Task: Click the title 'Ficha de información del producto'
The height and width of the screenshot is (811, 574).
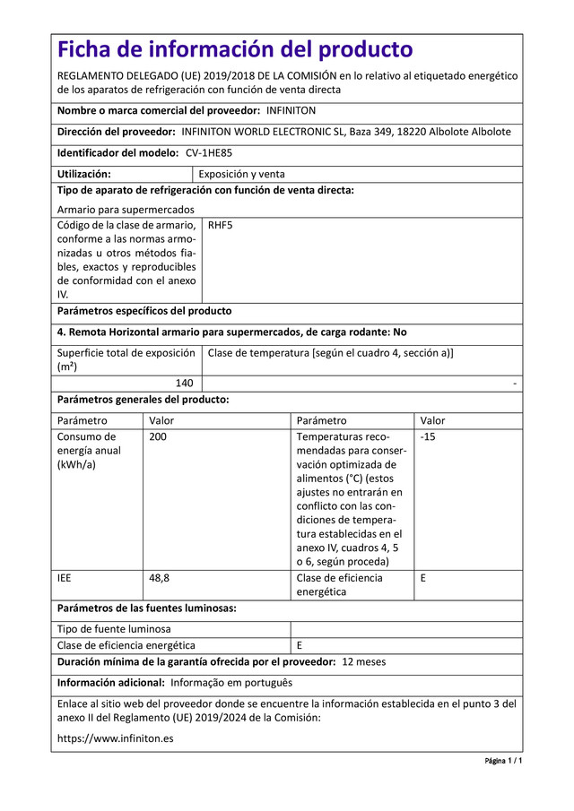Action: point(235,49)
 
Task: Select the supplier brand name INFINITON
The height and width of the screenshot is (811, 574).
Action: point(291,110)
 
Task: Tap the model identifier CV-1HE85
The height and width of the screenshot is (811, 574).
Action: point(190,153)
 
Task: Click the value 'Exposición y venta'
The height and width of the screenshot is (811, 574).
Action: point(242,175)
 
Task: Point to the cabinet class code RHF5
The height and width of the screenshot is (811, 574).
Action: point(220,225)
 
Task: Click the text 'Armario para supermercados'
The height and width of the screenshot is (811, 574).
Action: point(126,209)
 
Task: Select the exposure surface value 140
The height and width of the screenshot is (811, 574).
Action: point(184,383)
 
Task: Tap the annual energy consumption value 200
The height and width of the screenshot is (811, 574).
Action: point(158,436)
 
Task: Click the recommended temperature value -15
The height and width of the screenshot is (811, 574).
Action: point(429,436)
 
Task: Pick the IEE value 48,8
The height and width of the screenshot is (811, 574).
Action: point(160,578)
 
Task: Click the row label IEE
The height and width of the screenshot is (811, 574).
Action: point(65,578)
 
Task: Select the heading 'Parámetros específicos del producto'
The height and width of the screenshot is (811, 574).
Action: point(144,311)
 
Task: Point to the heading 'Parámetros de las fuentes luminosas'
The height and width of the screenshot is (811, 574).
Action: point(147,608)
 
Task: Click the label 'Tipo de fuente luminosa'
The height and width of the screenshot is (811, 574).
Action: point(114,629)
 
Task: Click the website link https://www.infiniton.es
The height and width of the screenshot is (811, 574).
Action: point(116,739)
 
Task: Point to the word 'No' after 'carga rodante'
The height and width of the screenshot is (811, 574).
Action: point(399,332)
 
